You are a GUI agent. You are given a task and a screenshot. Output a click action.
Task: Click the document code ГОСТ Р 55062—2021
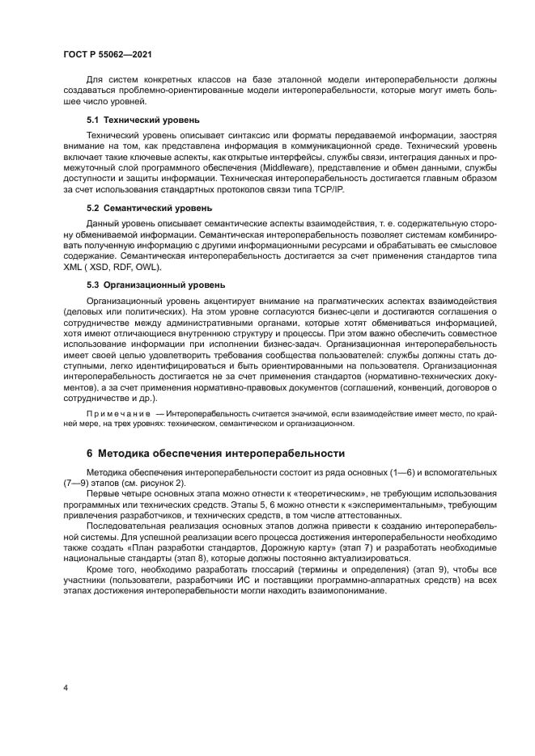(108, 54)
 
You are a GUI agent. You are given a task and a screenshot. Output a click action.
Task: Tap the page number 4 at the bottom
(66, 687)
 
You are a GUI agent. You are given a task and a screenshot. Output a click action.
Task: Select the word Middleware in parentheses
(290, 168)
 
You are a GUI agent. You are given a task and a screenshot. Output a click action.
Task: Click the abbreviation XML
(74, 268)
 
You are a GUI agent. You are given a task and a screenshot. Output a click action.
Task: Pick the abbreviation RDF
(122, 268)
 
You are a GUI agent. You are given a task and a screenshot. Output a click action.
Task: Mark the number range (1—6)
(393, 471)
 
